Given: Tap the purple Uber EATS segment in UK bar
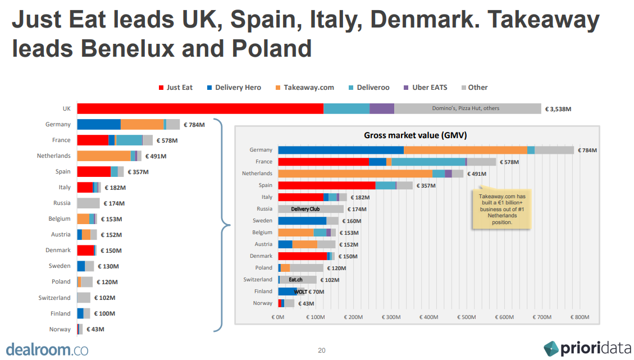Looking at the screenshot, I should click(x=381, y=109).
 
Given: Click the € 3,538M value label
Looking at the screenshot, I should click(x=558, y=109).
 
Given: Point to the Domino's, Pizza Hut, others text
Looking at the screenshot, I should click(x=466, y=108).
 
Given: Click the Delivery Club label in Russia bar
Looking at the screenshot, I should click(x=305, y=209).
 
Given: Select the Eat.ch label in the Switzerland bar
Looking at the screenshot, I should click(x=295, y=280).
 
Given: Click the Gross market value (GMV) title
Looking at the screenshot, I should click(x=415, y=135).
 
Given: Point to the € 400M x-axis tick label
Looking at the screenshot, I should click(x=429, y=317).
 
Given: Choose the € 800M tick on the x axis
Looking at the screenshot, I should click(x=580, y=317).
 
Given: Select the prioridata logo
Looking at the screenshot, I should click(x=587, y=348).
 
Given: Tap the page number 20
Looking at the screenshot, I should click(x=322, y=350).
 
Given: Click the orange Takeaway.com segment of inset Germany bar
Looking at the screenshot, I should click(x=466, y=150).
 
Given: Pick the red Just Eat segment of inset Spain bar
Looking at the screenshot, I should click(x=326, y=185).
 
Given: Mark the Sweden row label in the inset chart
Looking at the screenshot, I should click(x=262, y=221).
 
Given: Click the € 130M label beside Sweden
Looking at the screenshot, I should click(x=109, y=266).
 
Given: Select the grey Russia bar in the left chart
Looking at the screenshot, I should click(x=88, y=203).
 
